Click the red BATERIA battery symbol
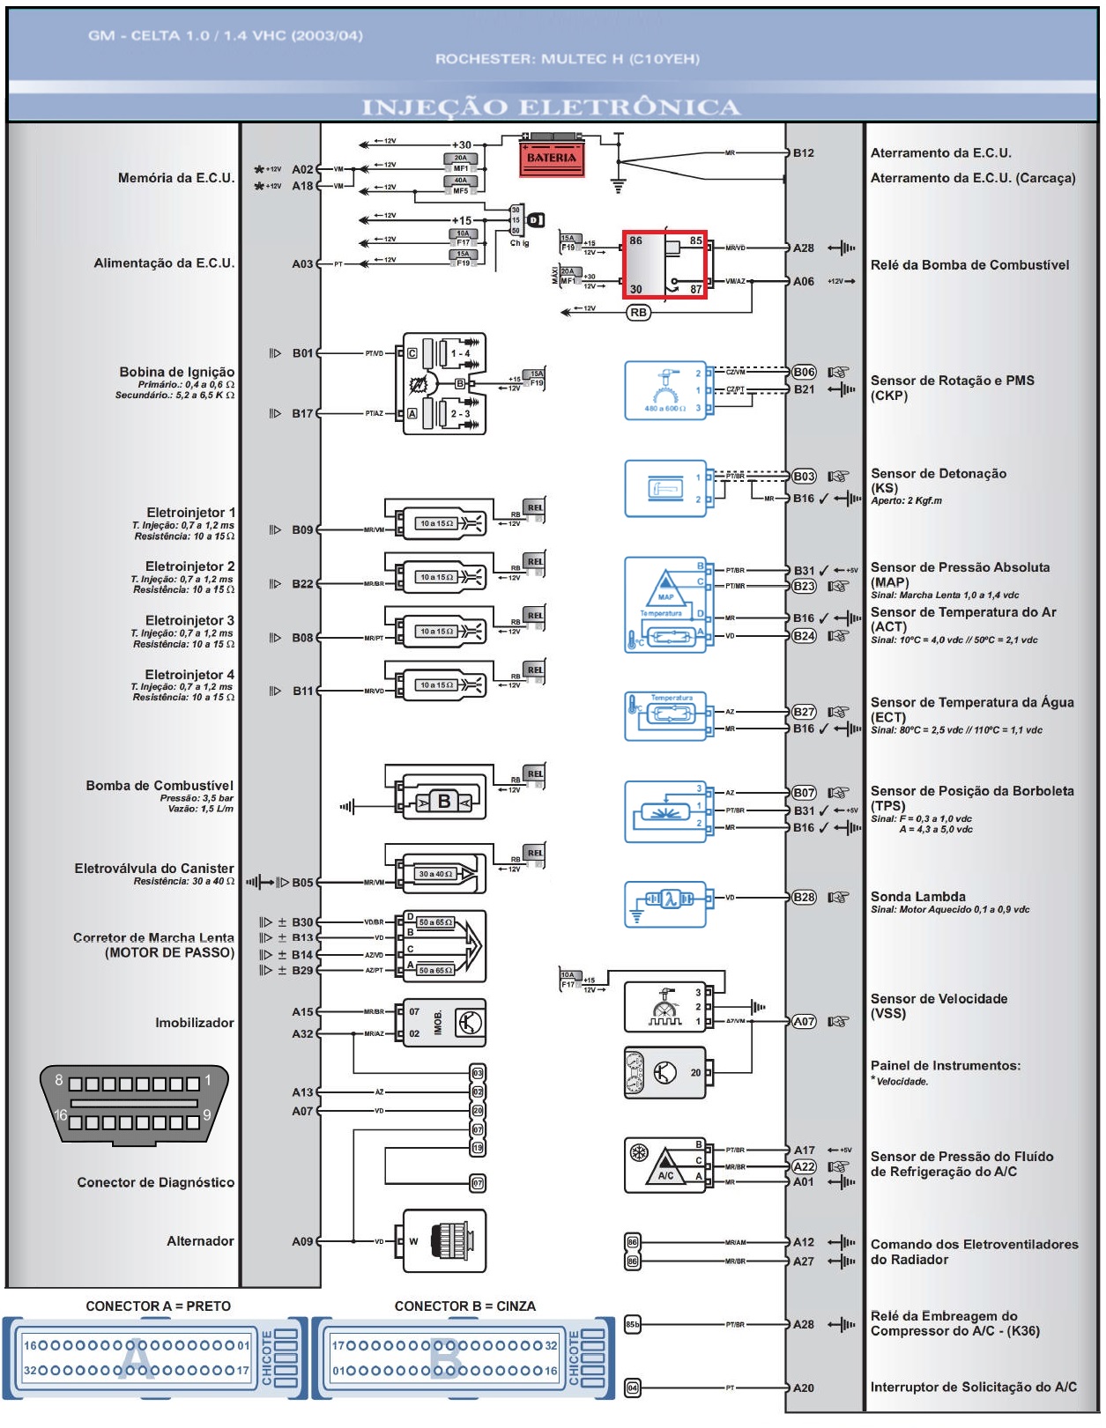coord(551,157)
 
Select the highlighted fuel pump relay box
coord(665,264)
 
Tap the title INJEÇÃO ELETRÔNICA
coord(551,107)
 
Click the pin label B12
coord(804,152)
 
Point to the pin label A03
coord(302,263)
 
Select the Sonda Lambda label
coord(917,897)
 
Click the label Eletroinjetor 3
coord(189,620)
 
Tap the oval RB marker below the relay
coord(638,312)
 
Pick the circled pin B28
coord(804,897)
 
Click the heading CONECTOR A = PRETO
coord(158,1306)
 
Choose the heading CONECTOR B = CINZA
coord(464,1306)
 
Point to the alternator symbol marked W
coord(445,1240)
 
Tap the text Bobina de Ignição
coord(177,372)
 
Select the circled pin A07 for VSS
coord(804,1021)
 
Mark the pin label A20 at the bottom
coord(804,1387)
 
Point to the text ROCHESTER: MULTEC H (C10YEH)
coord(567,59)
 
